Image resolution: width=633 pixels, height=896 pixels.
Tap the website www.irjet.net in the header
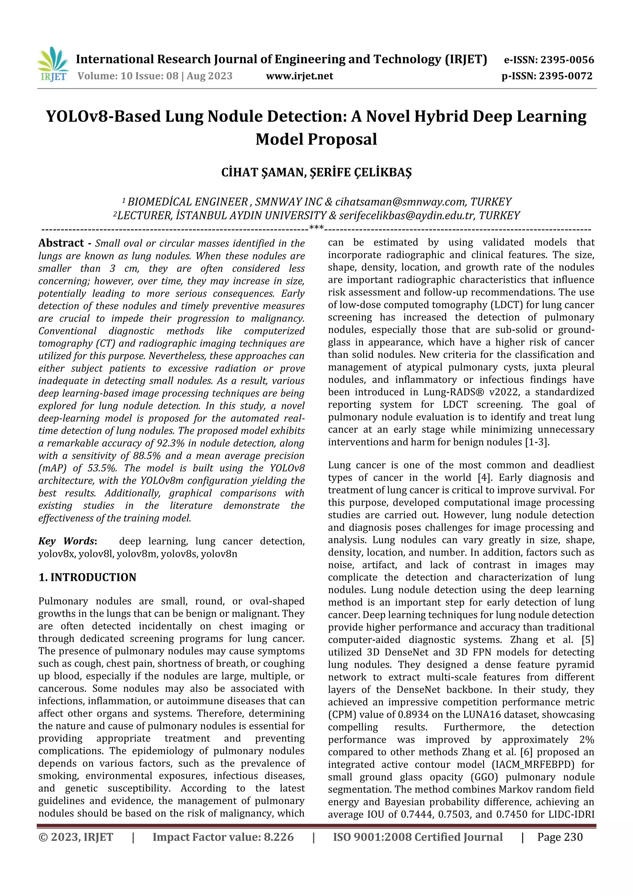click(x=299, y=76)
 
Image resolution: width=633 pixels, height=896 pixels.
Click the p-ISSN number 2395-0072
click(x=566, y=76)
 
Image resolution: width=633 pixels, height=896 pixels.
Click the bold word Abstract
click(x=61, y=243)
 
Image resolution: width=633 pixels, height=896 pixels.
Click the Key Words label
click(x=67, y=541)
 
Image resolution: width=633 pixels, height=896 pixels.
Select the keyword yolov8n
click(x=219, y=554)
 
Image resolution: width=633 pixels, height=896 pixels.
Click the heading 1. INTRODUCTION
click(x=87, y=577)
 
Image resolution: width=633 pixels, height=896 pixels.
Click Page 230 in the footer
click(x=560, y=837)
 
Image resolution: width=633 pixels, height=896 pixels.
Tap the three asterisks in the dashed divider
click(x=316, y=227)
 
